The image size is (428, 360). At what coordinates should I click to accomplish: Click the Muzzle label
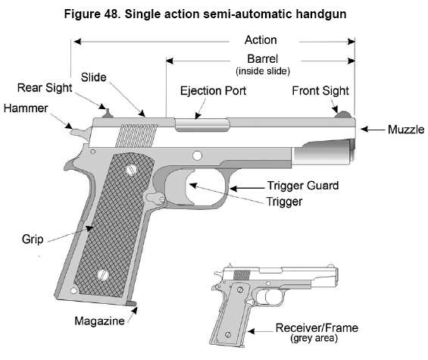(x=406, y=129)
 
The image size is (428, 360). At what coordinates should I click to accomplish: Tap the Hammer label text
(x=26, y=108)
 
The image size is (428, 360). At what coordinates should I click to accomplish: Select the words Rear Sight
(x=45, y=88)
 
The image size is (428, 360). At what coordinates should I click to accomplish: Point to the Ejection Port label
(x=213, y=91)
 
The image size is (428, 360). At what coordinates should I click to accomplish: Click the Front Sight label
(x=320, y=91)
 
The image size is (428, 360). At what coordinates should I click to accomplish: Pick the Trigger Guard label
(x=303, y=186)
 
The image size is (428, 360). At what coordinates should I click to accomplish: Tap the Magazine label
(x=100, y=321)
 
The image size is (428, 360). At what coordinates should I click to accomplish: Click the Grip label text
(x=33, y=239)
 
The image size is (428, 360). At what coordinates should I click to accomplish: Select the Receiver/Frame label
(x=317, y=327)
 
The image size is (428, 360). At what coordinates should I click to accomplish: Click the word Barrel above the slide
(x=263, y=58)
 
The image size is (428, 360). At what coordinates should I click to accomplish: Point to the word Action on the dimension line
(x=261, y=40)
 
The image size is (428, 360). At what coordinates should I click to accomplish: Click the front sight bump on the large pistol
(x=343, y=114)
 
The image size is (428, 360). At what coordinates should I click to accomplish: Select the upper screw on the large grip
(x=132, y=170)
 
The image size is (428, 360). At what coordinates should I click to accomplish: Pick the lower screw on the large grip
(x=104, y=275)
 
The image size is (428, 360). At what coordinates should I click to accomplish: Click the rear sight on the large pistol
(x=108, y=114)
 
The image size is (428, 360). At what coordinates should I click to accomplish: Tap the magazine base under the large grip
(x=131, y=303)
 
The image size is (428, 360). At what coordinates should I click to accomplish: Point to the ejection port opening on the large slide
(x=202, y=125)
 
